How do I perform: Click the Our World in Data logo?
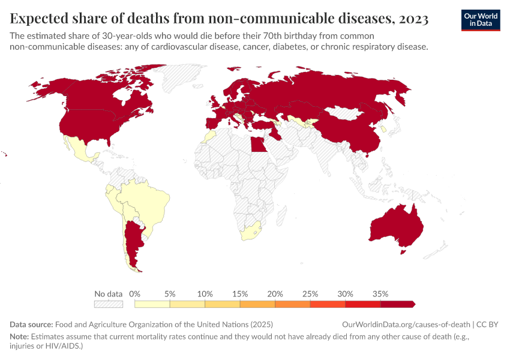(x=480, y=19)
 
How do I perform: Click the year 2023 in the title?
(x=412, y=19)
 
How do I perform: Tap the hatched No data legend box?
(x=109, y=304)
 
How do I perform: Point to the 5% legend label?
(x=170, y=294)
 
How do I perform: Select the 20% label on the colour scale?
(x=275, y=294)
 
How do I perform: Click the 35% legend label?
(x=380, y=294)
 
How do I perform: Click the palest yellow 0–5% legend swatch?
(x=152, y=304)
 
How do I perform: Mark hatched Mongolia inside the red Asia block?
(x=346, y=113)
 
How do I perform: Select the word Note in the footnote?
(x=19, y=337)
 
